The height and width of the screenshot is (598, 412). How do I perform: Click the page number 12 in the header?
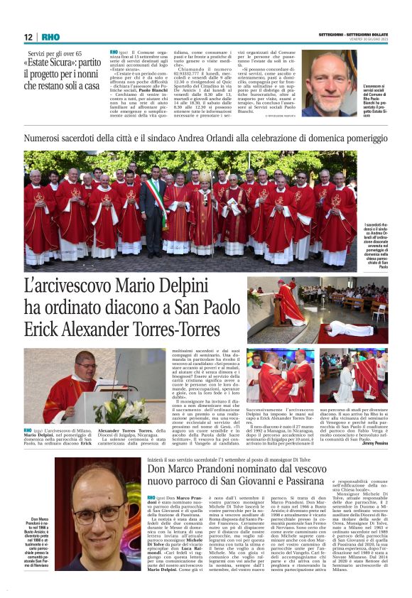pos(28,38)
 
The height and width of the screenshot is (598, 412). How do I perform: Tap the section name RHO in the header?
pos(50,38)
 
